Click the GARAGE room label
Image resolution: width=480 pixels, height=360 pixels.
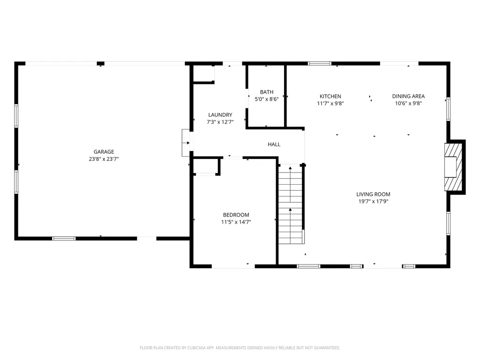pyautogui.click(x=104, y=152)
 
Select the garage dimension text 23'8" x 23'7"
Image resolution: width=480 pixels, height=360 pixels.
pyautogui.click(x=104, y=159)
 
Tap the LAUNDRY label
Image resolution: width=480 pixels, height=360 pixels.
pyautogui.click(x=220, y=115)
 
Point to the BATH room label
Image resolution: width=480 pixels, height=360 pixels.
pyautogui.click(x=267, y=92)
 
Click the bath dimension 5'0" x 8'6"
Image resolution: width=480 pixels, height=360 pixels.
pyautogui.click(x=267, y=99)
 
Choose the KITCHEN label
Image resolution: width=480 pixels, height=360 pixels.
pyautogui.click(x=330, y=96)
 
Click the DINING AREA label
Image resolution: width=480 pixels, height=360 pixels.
pyautogui.click(x=408, y=96)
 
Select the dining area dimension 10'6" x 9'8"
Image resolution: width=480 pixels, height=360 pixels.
pyautogui.click(x=408, y=103)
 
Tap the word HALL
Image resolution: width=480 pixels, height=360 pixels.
pyautogui.click(x=274, y=144)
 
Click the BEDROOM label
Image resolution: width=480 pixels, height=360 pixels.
pyautogui.click(x=236, y=215)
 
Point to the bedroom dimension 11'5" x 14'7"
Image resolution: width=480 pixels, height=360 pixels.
pyautogui.click(x=236, y=222)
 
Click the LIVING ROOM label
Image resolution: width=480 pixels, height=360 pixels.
pyautogui.click(x=373, y=194)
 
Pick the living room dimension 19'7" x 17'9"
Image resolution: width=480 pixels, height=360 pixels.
pyautogui.click(x=373, y=201)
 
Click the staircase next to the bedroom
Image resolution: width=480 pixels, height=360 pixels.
pyautogui.click(x=290, y=204)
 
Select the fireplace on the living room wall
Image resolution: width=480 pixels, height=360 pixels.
pyautogui.click(x=455, y=167)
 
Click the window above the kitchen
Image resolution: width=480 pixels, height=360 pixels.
pyautogui.click(x=319, y=63)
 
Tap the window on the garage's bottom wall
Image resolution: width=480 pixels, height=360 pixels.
pyautogui.click(x=64, y=239)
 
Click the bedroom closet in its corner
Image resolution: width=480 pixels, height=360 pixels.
pyautogui.click(x=207, y=166)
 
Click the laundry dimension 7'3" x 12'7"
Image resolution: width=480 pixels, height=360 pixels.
pyautogui.click(x=220, y=122)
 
